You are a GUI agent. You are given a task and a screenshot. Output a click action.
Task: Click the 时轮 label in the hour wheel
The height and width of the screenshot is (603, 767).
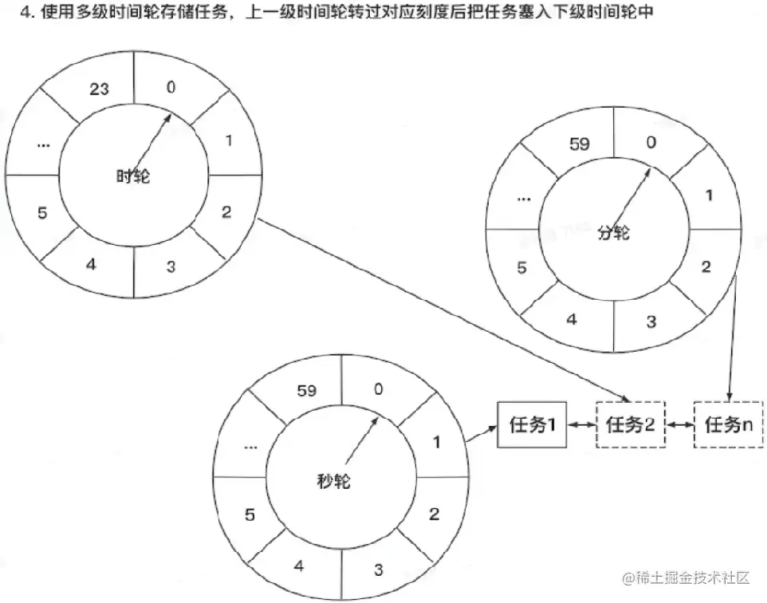[132, 176]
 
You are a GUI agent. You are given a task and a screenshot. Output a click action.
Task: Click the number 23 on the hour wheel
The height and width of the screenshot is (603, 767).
[100, 90]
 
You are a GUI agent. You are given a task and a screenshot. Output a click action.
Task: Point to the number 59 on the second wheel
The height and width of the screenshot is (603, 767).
[306, 391]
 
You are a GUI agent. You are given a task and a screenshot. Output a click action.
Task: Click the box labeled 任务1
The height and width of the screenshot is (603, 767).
[532, 425]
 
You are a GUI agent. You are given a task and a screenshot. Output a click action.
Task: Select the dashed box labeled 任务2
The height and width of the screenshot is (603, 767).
[630, 425]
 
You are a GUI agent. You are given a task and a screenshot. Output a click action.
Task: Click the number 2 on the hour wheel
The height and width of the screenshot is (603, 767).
[226, 212]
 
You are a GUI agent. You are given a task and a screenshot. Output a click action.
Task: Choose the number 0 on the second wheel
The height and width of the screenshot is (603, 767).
[378, 389]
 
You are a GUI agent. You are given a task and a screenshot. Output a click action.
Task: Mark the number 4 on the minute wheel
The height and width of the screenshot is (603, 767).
[572, 320]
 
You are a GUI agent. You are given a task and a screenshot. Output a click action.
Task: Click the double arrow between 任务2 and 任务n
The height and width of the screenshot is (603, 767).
[680, 425]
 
